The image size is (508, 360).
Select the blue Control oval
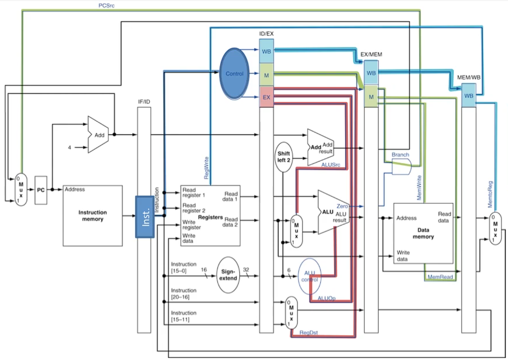pyautogui.click(x=235, y=73)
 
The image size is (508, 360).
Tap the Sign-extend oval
pyautogui.click(x=228, y=275)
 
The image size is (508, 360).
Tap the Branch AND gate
pyautogui.click(x=401, y=167)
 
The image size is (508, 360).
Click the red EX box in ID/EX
pyautogui.click(x=266, y=98)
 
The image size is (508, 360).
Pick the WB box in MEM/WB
pyautogui.click(x=468, y=95)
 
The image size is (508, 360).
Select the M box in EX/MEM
pyautogui.click(x=371, y=95)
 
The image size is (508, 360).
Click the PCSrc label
pyautogui.click(x=106, y=6)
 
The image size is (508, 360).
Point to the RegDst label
pyautogui.click(x=309, y=332)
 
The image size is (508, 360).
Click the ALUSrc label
pyautogui.click(x=331, y=165)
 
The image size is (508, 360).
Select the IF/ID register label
pyautogui.click(x=144, y=102)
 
